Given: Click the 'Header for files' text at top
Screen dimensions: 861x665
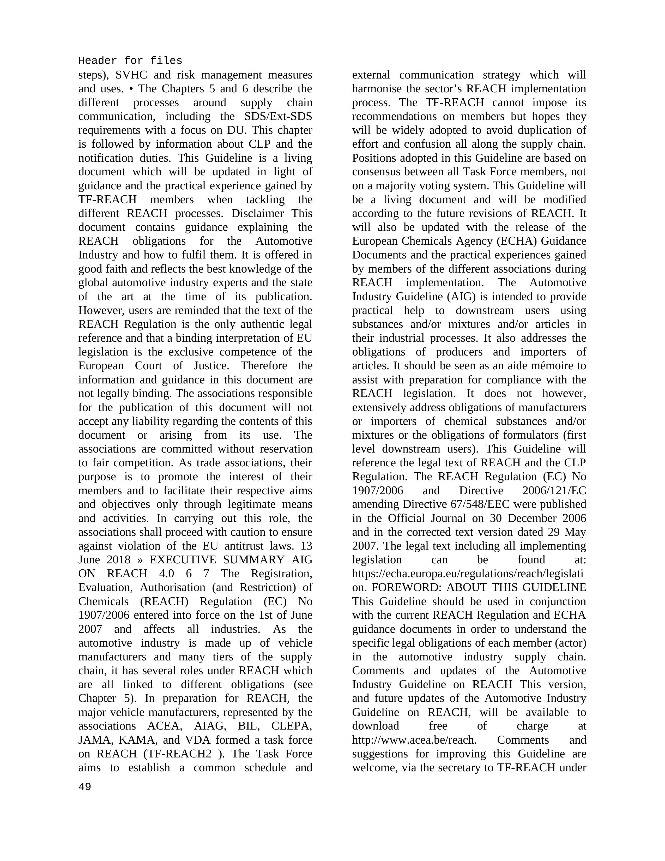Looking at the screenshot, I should [130, 61].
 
